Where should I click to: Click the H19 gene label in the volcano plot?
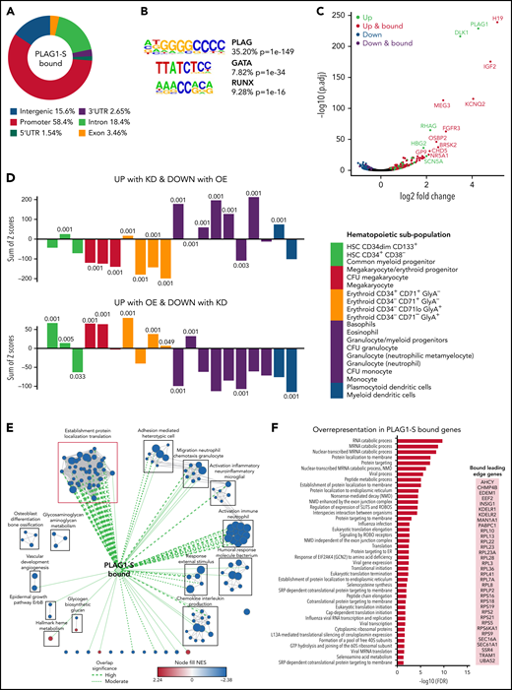[x=498, y=19]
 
